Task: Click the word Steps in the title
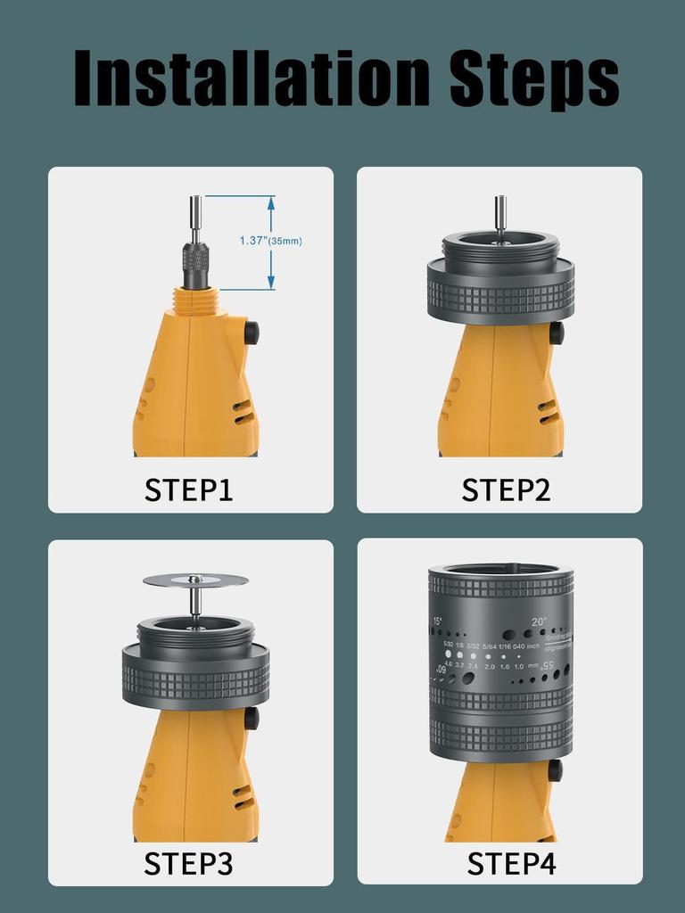(533, 78)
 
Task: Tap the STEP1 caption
(189, 489)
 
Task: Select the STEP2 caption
(506, 489)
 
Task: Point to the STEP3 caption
(189, 863)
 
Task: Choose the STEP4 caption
(511, 863)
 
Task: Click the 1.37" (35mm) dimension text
(270, 241)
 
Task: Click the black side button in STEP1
(252, 333)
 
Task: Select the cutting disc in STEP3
(195, 580)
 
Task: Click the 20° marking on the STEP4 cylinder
(539, 622)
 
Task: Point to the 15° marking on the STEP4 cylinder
(437, 621)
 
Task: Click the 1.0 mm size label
(518, 666)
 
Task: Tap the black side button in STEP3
(252, 718)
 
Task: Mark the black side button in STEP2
(557, 333)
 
